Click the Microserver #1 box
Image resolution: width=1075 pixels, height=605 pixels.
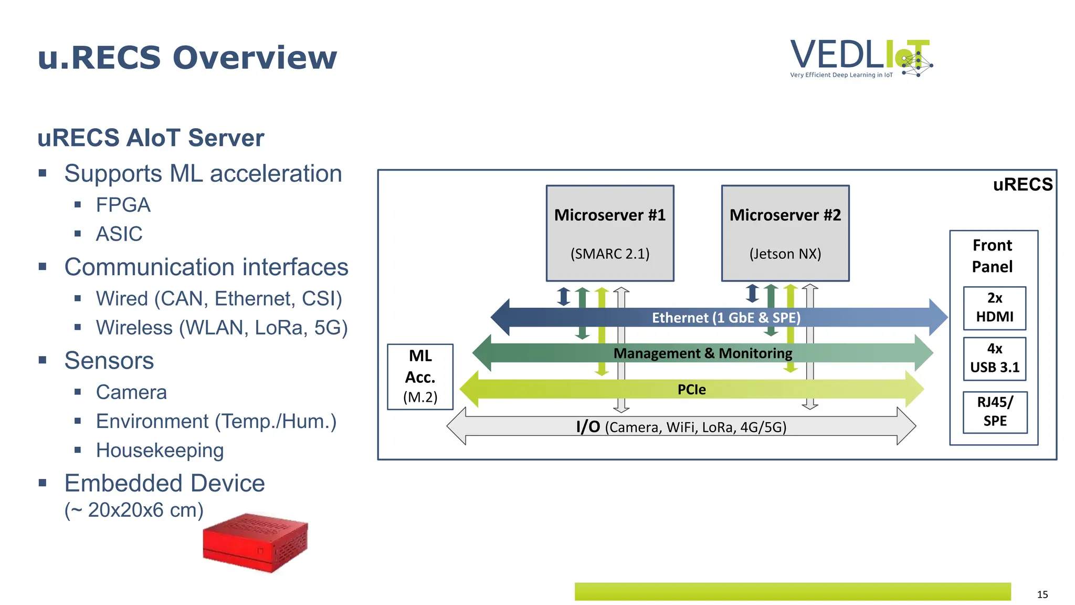610,233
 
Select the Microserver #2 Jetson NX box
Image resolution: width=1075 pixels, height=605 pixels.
785,233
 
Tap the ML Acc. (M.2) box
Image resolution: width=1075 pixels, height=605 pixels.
420,377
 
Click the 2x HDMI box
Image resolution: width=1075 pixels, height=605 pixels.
995,308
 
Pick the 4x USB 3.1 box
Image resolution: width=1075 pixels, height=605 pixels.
995,358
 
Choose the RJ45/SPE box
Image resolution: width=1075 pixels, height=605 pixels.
995,412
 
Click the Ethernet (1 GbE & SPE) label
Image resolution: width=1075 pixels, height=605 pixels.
726,318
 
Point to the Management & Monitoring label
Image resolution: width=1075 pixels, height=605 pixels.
703,353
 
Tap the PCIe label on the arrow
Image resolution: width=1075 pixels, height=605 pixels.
691,390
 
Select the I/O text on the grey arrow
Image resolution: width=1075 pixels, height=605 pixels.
588,426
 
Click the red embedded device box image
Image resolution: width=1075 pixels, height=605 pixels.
256,543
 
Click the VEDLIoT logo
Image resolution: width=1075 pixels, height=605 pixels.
861,58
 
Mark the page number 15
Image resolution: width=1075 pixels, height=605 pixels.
1042,594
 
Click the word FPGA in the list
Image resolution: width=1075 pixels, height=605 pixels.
123,205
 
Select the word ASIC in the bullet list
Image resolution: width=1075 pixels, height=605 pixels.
119,234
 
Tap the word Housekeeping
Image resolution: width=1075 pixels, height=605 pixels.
160,451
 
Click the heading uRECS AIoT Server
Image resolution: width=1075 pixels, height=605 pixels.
151,138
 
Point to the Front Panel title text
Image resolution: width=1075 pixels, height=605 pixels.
992,256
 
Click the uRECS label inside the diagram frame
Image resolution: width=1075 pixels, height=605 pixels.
1023,185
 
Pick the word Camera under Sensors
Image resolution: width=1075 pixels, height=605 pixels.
131,392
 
